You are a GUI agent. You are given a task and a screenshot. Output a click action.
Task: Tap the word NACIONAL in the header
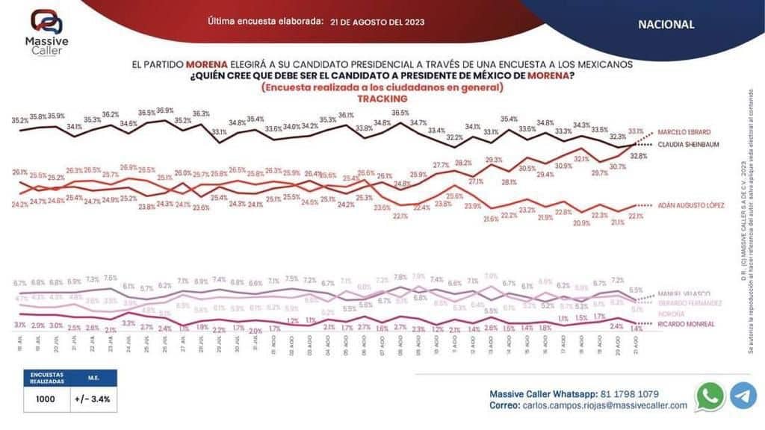pyautogui.click(x=666, y=24)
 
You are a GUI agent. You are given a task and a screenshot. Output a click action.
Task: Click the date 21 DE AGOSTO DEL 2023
pyautogui.click(x=377, y=22)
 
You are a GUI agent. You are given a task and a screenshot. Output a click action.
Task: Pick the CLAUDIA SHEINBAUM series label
pyautogui.click(x=687, y=145)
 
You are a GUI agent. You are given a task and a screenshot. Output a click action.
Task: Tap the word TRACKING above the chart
pyautogui.click(x=382, y=98)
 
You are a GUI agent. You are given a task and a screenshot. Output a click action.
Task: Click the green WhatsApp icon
pyautogui.click(x=709, y=396)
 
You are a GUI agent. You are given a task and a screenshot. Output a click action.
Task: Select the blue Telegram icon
pyautogui.click(x=743, y=396)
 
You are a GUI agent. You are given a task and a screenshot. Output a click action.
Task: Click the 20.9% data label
pyautogui.click(x=581, y=222)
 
